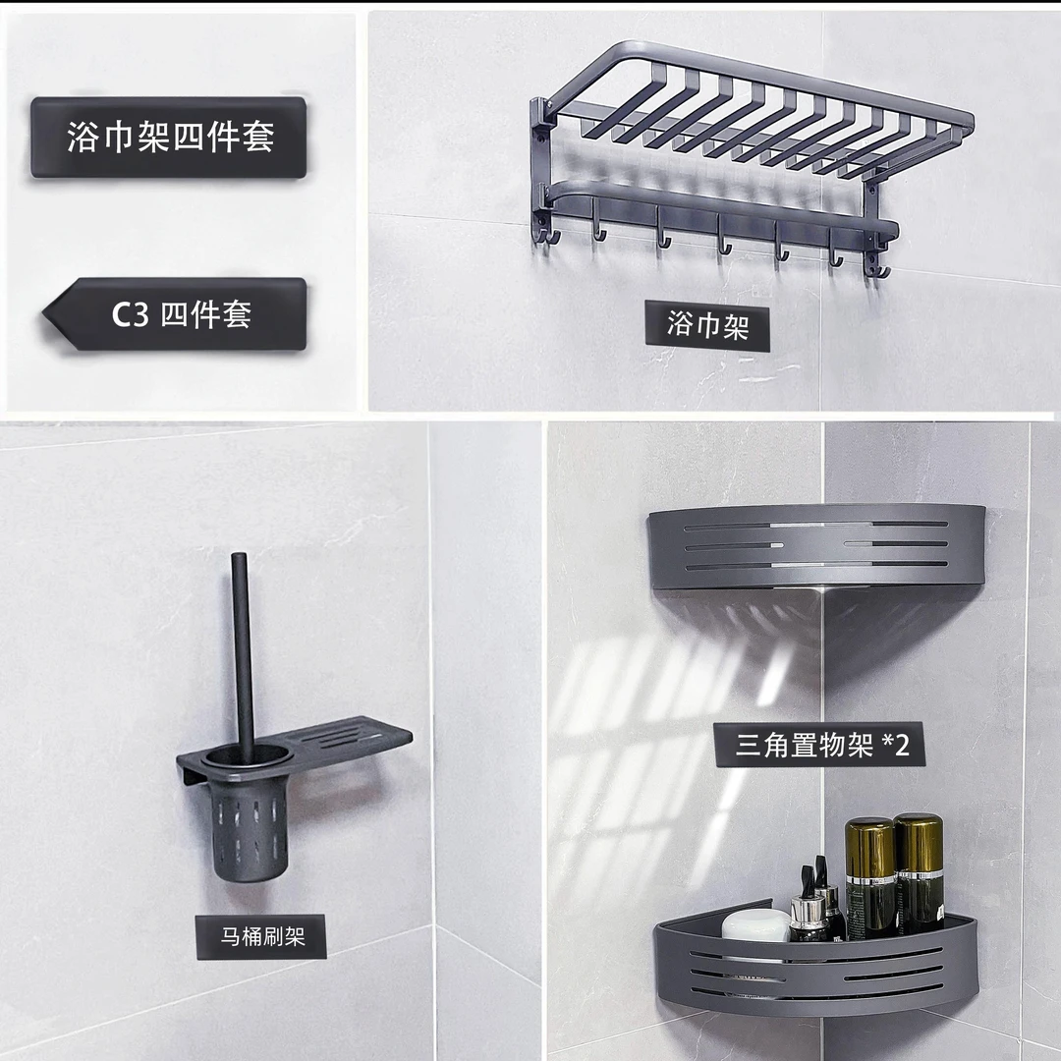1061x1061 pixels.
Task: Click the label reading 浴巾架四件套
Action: point(169,138)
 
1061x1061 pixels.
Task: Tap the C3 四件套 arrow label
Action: point(175,314)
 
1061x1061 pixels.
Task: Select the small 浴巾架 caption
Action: point(707,325)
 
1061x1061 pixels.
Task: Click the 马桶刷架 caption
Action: point(261,936)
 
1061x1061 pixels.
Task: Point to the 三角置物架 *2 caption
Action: point(819,745)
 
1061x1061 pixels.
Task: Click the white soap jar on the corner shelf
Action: point(755,925)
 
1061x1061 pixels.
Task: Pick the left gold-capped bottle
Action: point(870,878)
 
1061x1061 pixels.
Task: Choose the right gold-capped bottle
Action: point(919,873)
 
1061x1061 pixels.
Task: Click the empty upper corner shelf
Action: point(816,548)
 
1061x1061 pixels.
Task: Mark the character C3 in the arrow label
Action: point(130,314)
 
